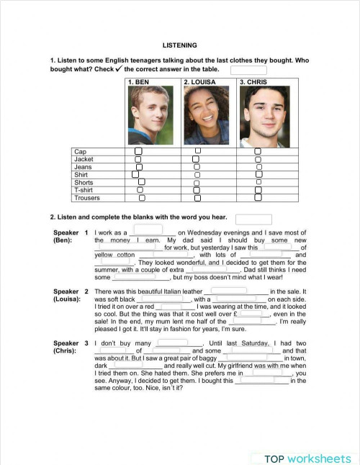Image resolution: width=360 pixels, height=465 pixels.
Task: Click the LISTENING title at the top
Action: click(180, 45)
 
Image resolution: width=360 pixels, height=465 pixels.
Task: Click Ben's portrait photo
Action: click(150, 115)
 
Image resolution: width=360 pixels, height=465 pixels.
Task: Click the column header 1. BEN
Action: click(138, 82)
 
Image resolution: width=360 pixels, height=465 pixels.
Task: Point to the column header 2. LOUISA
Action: click(199, 82)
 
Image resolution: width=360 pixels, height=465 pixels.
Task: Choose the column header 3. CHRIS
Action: click(253, 82)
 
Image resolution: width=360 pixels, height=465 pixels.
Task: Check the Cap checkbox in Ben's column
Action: click(139, 152)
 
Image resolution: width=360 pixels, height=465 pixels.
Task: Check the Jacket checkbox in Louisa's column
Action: click(195, 159)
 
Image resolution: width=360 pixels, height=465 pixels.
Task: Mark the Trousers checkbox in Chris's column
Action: click(258, 197)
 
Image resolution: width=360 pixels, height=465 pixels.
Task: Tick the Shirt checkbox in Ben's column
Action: click(135, 174)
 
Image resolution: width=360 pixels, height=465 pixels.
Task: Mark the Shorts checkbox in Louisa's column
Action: click(196, 182)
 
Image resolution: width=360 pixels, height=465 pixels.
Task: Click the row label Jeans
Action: click(83, 167)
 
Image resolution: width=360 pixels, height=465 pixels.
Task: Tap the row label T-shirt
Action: click(84, 190)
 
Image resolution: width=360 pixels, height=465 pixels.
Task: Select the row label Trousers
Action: click(87, 198)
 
